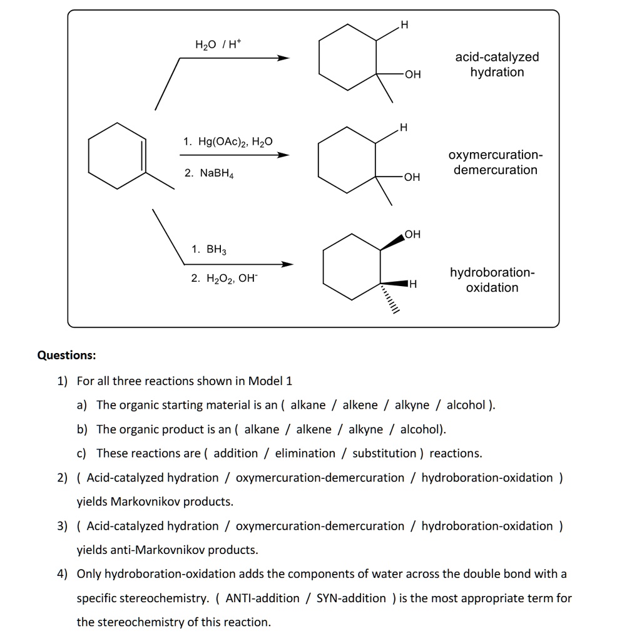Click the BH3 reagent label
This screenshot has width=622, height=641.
(x=209, y=250)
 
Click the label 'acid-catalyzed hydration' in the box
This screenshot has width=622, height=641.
(x=497, y=64)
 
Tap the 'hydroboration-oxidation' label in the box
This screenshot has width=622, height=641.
(x=492, y=280)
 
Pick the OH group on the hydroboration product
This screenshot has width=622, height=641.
(x=412, y=235)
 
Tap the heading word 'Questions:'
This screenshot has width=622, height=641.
(x=66, y=356)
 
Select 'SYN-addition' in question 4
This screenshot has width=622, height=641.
(x=351, y=598)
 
